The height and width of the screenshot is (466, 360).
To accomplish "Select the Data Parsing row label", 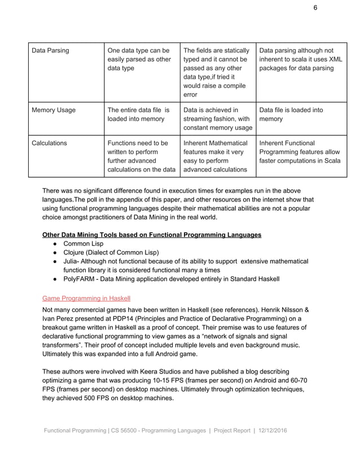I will click(x=51, y=51).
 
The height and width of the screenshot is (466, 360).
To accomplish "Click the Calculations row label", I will click(x=49, y=143).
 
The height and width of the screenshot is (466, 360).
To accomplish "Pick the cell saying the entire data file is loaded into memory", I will click(x=138, y=115).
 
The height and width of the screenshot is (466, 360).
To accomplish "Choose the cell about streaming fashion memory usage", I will click(x=217, y=119).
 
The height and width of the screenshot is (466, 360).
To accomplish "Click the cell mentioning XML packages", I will click(x=301, y=59).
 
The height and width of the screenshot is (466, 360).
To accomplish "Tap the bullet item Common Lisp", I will click(x=84, y=244).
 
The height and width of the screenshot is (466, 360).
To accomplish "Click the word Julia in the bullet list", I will click(x=72, y=261).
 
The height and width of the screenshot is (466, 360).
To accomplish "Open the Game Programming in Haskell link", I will click(x=86, y=298).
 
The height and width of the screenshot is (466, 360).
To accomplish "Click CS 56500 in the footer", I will click(x=131, y=430).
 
